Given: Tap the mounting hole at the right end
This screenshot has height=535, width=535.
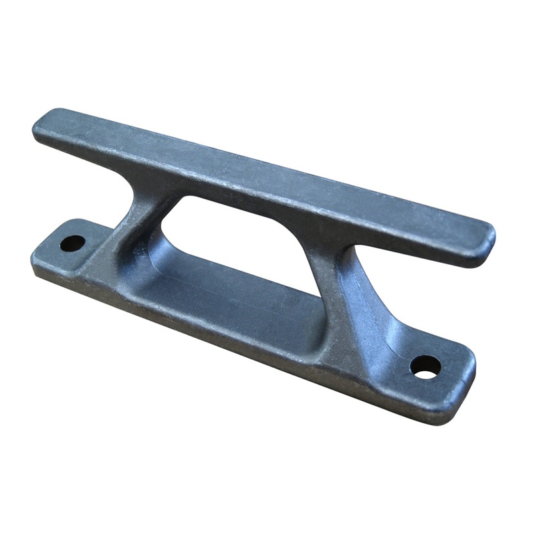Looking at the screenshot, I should click(x=425, y=366).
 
